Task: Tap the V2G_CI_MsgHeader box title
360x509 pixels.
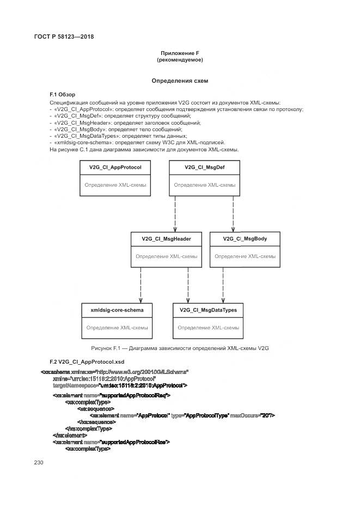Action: click(x=166, y=238)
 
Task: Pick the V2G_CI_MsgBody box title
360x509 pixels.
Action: click(x=245, y=238)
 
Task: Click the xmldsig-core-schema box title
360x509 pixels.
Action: click(x=117, y=310)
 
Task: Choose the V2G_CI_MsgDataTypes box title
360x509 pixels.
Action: click(x=208, y=310)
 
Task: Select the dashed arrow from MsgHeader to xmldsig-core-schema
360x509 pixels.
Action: click(x=141, y=284)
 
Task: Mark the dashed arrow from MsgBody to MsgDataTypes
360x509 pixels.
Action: click(x=222, y=284)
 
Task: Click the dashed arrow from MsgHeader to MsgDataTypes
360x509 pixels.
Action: click(x=188, y=284)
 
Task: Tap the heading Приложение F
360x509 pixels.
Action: click(x=180, y=53)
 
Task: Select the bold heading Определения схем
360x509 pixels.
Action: click(x=180, y=81)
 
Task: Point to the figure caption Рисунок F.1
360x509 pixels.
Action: click(x=180, y=347)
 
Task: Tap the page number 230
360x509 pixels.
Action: click(x=38, y=462)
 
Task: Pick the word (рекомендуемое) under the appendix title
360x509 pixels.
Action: click(x=180, y=60)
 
